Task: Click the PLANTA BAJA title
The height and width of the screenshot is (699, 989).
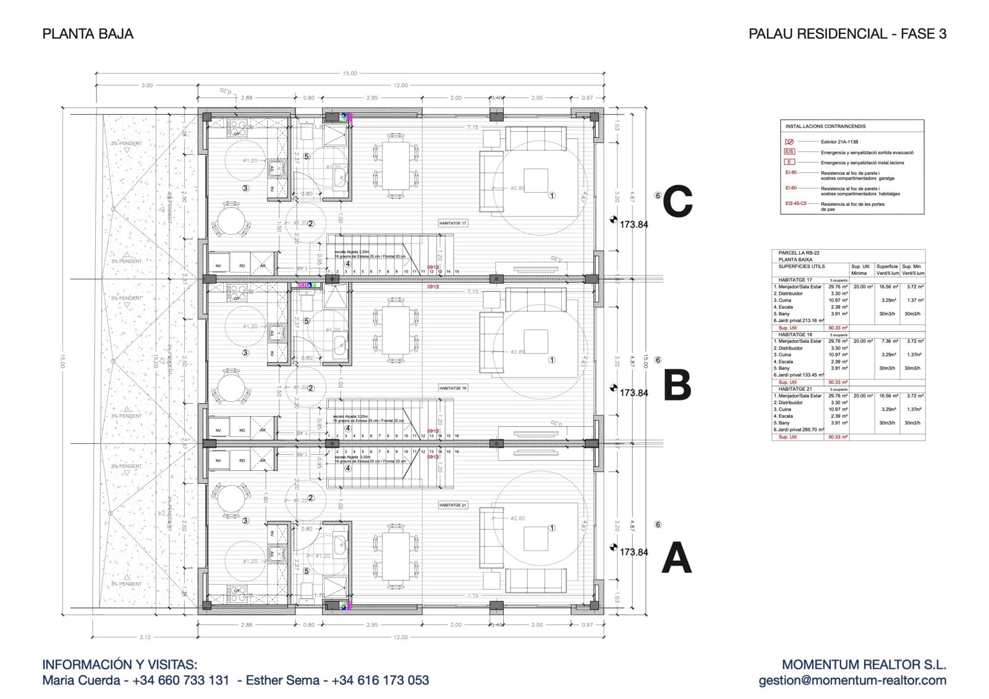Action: pyautogui.click(x=88, y=34)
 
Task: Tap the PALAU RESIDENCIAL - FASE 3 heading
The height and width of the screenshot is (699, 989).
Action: pyautogui.click(x=847, y=34)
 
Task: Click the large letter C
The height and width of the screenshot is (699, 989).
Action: pyautogui.click(x=677, y=203)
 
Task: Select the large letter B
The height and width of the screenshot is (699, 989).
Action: pyautogui.click(x=677, y=385)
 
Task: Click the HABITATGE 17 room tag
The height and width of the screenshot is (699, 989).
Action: pyautogui.click(x=453, y=223)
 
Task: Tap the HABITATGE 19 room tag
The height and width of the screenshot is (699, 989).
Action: pyautogui.click(x=453, y=388)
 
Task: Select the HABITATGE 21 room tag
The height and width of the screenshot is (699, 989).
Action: pyautogui.click(x=453, y=505)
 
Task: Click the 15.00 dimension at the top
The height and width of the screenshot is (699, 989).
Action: pyautogui.click(x=350, y=74)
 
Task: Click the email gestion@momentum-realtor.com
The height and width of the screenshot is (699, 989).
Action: pyautogui.click(x=852, y=680)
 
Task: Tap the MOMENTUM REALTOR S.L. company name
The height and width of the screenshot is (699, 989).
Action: pyautogui.click(x=864, y=665)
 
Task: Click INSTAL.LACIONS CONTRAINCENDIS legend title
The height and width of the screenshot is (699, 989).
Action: pyautogui.click(x=825, y=127)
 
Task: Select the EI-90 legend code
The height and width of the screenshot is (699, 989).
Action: pyautogui.click(x=791, y=173)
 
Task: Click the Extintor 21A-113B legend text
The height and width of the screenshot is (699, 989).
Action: pyautogui.click(x=839, y=142)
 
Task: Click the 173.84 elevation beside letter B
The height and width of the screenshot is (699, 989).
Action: pyautogui.click(x=634, y=393)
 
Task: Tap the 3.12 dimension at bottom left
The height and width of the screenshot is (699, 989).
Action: pyautogui.click(x=146, y=637)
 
